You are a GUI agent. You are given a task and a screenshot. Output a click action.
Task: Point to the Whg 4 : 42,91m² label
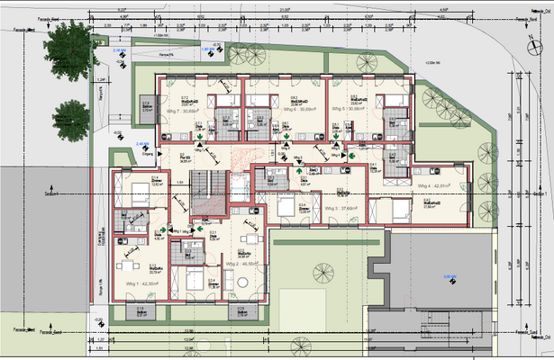[436, 185]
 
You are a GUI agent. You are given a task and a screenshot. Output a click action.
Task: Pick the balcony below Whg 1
[141, 313]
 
